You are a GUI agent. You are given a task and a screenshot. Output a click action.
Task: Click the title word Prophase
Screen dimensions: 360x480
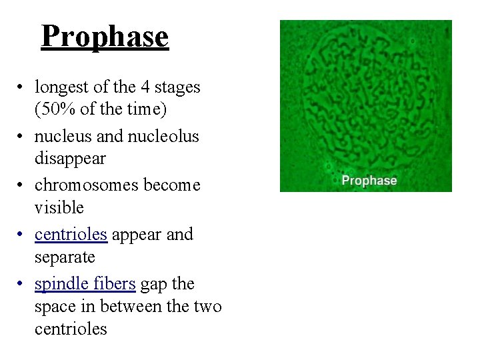(105, 36)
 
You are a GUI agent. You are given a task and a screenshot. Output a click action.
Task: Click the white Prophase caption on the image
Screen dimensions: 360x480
(369, 181)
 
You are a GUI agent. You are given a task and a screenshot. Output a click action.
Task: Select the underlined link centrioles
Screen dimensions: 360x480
(71, 235)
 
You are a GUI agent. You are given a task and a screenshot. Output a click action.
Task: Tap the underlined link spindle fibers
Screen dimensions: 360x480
(85, 284)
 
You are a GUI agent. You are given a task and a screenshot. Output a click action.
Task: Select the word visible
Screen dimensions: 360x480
(59, 208)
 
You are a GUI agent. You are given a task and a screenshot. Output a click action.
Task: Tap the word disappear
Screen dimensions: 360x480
(70, 159)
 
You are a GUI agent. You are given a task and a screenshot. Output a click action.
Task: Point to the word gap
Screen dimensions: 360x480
(154, 285)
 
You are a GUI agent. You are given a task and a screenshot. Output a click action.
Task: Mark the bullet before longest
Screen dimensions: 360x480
(22, 87)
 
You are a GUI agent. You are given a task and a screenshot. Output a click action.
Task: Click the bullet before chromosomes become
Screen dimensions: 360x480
(22, 186)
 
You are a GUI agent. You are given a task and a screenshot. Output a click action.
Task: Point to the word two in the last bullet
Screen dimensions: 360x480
(209, 307)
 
